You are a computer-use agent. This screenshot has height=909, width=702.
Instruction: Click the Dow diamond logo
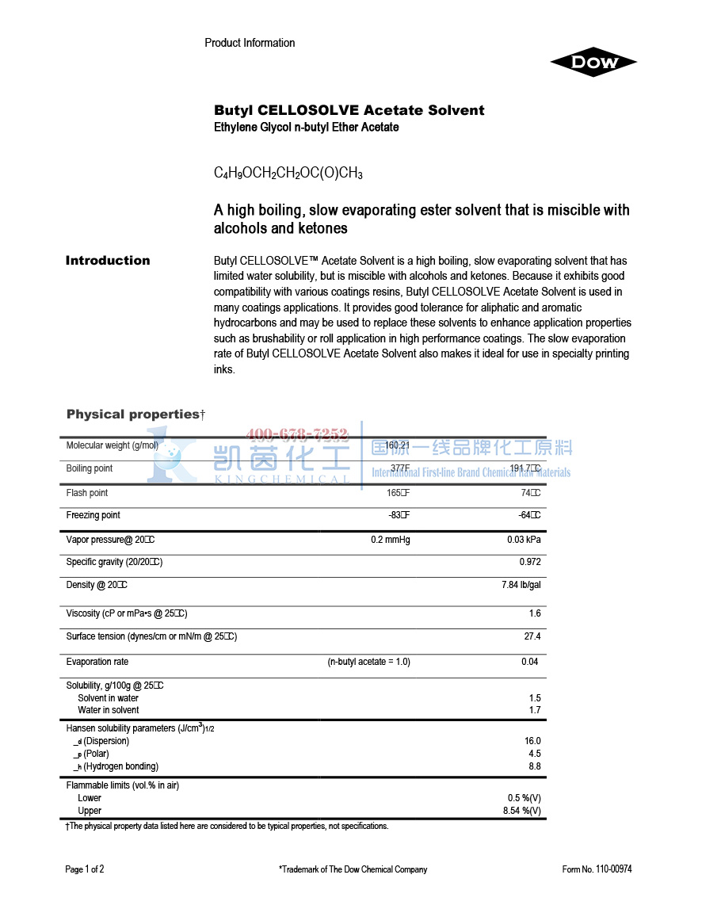point(593,63)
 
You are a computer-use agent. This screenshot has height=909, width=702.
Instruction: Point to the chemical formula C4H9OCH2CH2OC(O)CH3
point(288,173)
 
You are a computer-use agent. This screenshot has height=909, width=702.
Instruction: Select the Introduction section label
point(108,261)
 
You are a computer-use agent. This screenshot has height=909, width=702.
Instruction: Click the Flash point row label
point(87,493)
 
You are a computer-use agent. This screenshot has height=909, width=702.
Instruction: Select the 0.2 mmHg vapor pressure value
point(391,540)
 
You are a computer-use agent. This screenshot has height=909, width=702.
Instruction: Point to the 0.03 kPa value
point(525,540)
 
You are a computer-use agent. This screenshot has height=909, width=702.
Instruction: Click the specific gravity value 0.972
point(530,562)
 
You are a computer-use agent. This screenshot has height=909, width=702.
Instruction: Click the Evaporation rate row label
point(97,662)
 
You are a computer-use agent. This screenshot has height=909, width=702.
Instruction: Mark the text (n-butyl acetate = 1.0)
point(368,662)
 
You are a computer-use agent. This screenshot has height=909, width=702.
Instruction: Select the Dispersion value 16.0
point(532,741)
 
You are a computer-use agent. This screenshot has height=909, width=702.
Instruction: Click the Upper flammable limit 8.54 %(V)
point(522,811)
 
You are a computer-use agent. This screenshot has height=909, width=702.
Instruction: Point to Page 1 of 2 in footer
point(85,869)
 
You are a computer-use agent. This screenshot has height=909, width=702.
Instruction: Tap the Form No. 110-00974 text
point(597,869)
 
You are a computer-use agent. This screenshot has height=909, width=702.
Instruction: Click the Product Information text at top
point(250,43)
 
